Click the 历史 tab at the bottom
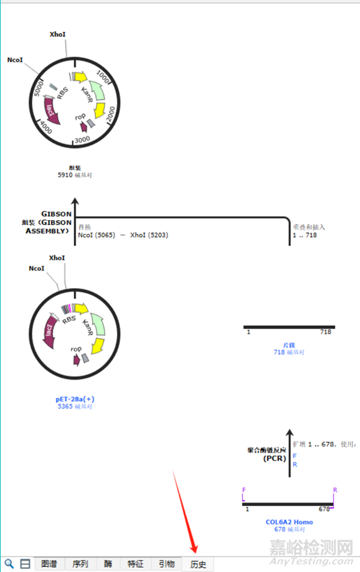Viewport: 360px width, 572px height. point(198,564)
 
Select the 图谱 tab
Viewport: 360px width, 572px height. point(49,564)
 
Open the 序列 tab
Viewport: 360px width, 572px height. point(80,564)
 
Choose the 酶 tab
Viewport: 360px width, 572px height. point(108,564)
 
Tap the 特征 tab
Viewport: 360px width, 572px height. point(136,564)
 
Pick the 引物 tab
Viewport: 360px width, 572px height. point(167,564)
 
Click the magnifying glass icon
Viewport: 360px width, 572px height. point(10,564)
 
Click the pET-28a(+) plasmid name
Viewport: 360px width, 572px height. point(75,399)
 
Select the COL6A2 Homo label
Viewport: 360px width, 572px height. point(289,522)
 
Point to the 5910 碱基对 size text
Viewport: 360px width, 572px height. point(75,175)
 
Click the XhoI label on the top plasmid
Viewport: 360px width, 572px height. point(58,35)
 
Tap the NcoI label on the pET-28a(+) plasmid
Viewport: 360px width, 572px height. point(36,268)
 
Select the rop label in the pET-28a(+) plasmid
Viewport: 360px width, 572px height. point(76,349)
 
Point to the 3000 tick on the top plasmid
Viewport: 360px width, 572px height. point(82,139)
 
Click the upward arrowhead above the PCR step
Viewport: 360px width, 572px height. point(289,433)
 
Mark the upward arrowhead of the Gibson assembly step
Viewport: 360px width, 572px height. point(75,203)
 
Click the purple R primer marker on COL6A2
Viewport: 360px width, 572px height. point(335,490)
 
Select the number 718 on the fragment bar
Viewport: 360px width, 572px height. point(326,332)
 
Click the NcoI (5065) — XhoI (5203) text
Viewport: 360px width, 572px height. point(123,235)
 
